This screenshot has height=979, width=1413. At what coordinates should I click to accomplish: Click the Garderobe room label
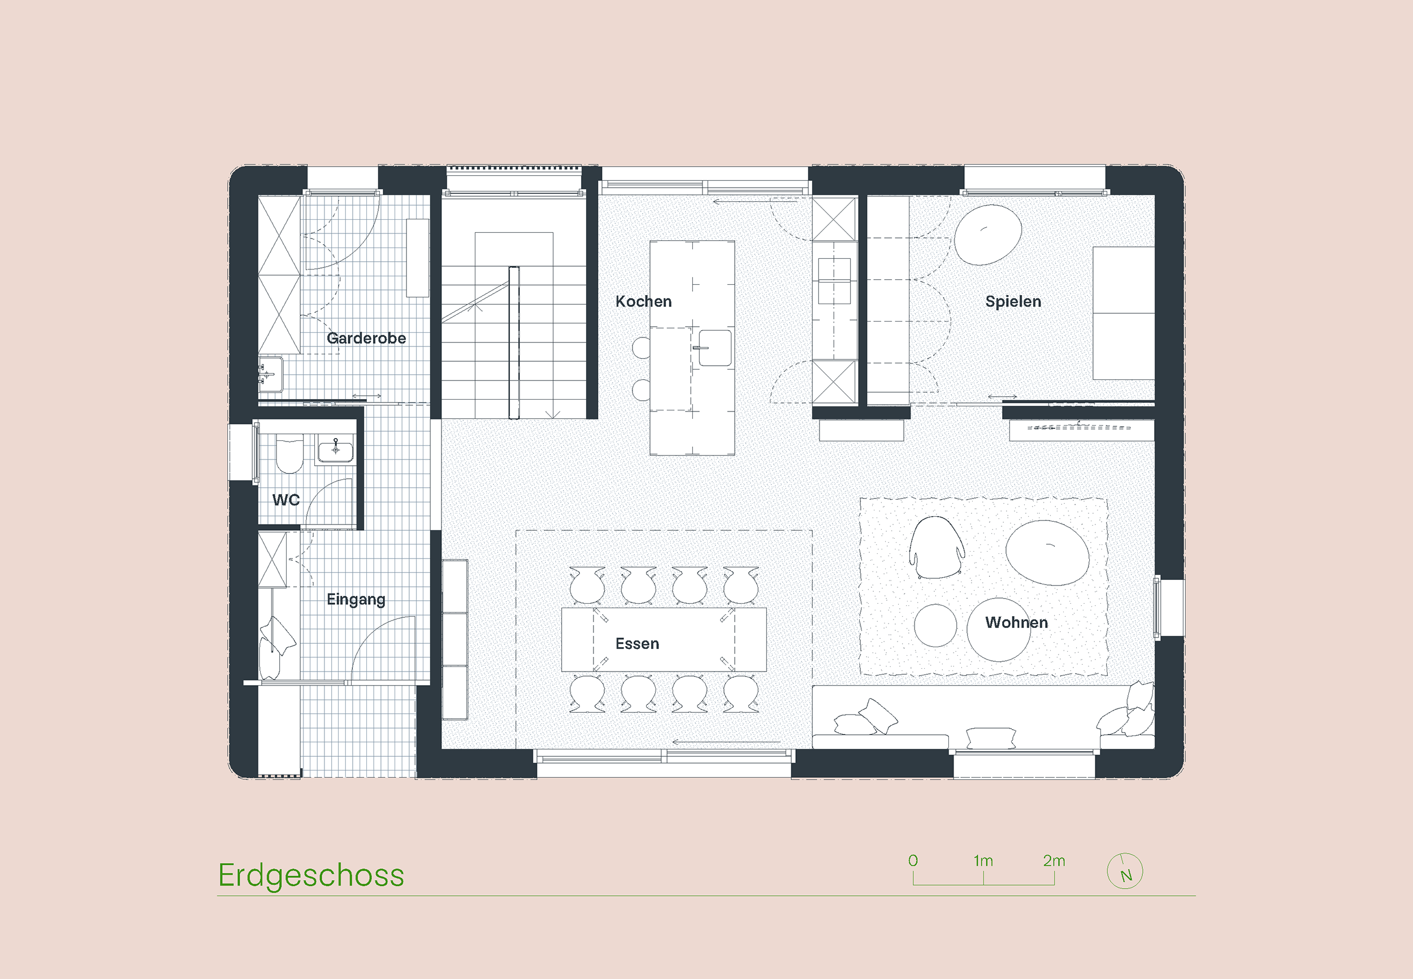click(366, 338)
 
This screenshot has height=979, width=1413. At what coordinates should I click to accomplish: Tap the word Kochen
click(643, 301)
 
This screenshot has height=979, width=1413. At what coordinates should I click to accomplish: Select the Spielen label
click(1013, 302)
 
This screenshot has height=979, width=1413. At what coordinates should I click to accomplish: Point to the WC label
click(286, 500)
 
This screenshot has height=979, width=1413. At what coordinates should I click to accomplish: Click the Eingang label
click(356, 599)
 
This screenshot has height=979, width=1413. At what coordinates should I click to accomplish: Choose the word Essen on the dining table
click(637, 643)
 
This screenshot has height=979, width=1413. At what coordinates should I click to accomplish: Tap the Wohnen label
click(1016, 622)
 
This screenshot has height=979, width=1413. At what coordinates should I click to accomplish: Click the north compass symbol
click(1125, 871)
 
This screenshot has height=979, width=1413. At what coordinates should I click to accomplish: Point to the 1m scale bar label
click(983, 861)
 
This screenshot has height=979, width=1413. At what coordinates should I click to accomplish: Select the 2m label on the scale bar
click(1054, 861)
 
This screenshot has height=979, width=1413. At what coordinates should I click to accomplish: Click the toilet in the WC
click(289, 454)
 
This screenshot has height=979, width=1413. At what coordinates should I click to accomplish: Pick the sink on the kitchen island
click(715, 348)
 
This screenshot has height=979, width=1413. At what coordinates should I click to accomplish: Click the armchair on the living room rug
click(937, 547)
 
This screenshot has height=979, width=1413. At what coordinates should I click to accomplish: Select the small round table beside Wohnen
click(935, 625)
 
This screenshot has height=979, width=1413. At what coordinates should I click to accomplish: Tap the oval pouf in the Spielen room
click(988, 235)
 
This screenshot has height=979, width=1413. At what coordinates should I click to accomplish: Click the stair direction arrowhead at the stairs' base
click(553, 415)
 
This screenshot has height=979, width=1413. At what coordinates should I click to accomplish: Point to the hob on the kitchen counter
click(835, 281)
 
